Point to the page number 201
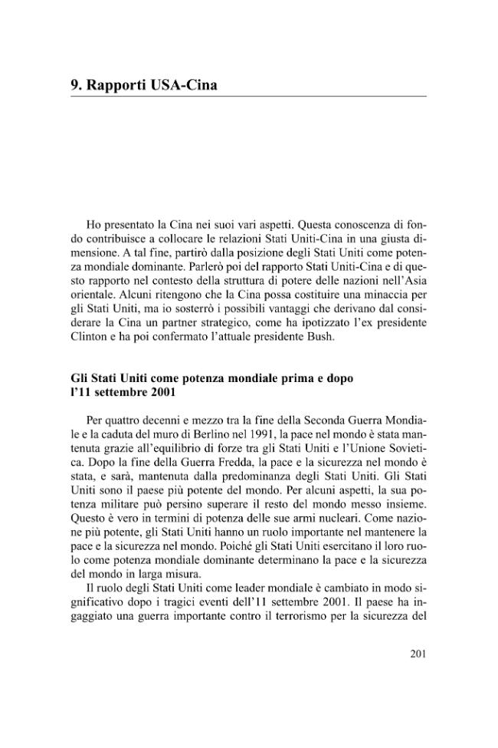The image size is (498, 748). [x=414, y=654]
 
